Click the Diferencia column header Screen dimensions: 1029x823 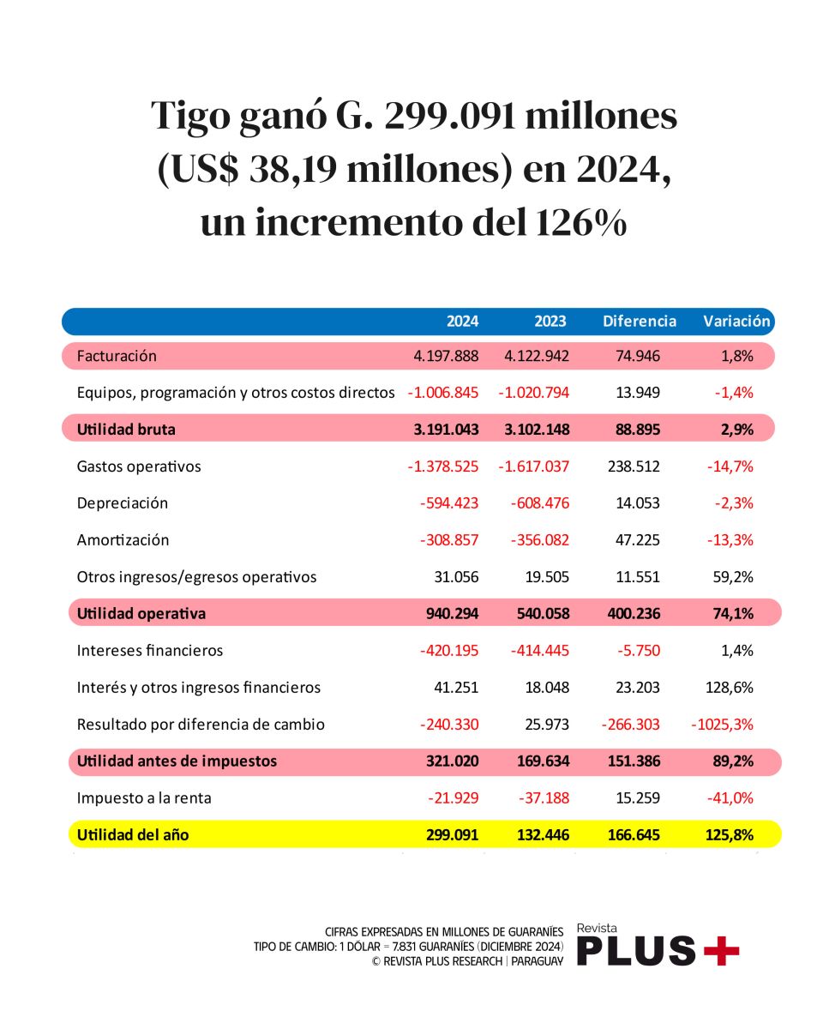point(640,322)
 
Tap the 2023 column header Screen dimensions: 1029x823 point(550,322)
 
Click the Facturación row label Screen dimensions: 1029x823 point(117,356)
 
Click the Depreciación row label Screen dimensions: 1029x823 point(122,503)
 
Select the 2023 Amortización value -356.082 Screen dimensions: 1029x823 point(533,540)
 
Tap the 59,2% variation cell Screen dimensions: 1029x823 point(736,577)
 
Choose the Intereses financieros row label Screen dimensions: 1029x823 point(150,651)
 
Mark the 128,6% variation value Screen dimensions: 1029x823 point(732,688)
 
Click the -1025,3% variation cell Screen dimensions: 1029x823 point(722,725)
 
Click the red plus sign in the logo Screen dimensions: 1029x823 point(720,950)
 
